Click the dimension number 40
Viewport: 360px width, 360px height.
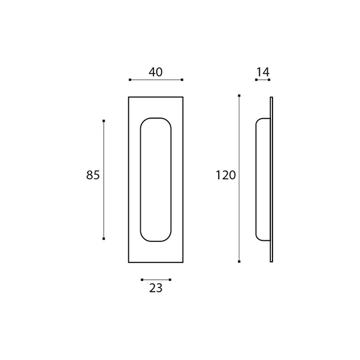pyautogui.click(x=155, y=72)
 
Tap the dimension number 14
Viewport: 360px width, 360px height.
pyautogui.click(x=262, y=72)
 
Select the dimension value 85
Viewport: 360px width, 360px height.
pyautogui.click(x=93, y=175)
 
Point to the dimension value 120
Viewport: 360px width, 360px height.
pyautogui.click(x=226, y=176)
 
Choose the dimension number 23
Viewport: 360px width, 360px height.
pyautogui.click(x=156, y=288)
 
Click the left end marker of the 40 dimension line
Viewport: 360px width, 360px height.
pyautogui.click(x=130, y=80)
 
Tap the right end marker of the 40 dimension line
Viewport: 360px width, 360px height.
pyautogui.click(x=182, y=80)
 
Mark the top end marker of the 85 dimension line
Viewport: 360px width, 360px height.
pyautogui.click(x=104, y=121)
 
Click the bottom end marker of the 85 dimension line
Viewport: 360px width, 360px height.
pyautogui.click(x=104, y=239)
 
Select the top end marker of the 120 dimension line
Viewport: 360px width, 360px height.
pyautogui.click(x=239, y=95)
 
